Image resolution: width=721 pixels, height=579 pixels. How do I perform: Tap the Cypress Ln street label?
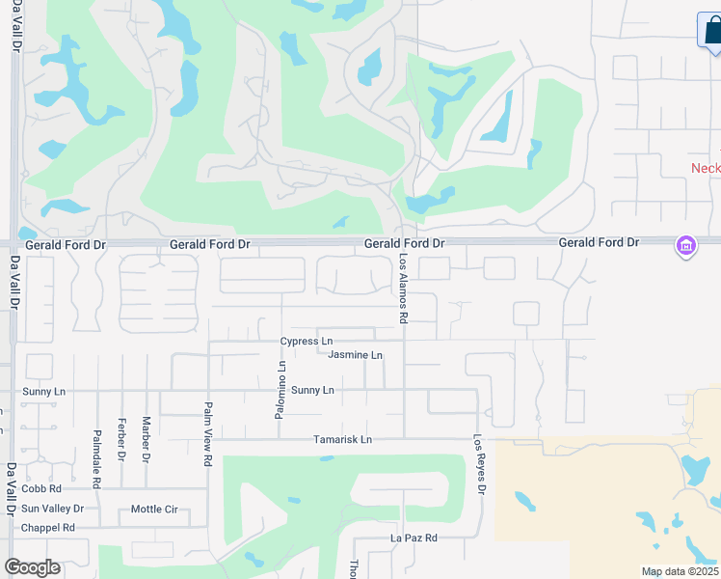tap(306, 342)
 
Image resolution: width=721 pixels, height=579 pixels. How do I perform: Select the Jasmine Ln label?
tap(355, 355)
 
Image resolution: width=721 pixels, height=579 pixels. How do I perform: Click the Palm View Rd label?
tap(207, 434)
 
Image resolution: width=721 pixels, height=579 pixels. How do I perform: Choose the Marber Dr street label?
tap(147, 438)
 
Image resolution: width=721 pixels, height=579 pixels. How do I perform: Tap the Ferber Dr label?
tap(121, 440)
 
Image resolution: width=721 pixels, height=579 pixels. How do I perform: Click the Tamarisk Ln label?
tap(342, 440)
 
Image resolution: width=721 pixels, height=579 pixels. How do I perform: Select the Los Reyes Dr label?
tap(479, 464)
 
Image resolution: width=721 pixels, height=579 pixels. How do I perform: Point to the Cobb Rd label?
tap(41, 489)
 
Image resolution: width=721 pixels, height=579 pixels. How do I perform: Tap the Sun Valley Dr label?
tap(52, 509)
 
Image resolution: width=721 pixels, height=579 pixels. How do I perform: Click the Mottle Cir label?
tap(154, 509)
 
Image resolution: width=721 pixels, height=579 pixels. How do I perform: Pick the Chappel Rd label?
tap(48, 528)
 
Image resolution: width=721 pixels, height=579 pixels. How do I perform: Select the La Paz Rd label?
tap(414, 538)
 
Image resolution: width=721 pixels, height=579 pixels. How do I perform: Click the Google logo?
tap(32, 567)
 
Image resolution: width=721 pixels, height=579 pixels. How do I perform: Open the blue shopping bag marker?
tap(712, 30)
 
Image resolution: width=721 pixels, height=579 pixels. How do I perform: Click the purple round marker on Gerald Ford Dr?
tap(685, 246)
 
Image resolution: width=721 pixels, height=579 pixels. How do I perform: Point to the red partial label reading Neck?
tap(706, 168)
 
